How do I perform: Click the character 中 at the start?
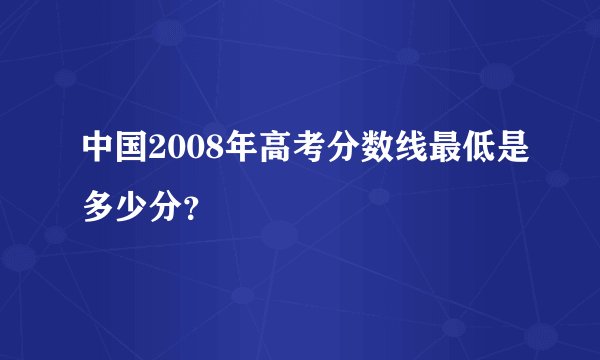click(98, 152)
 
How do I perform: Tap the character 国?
click(130, 152)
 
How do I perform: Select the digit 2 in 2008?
click(154, 152)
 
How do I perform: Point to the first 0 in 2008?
click(170, 152)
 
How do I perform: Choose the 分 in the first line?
click(322, 152)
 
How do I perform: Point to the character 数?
click(354, 152)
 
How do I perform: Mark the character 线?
click(386, 152)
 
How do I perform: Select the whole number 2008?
click(178, 152)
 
